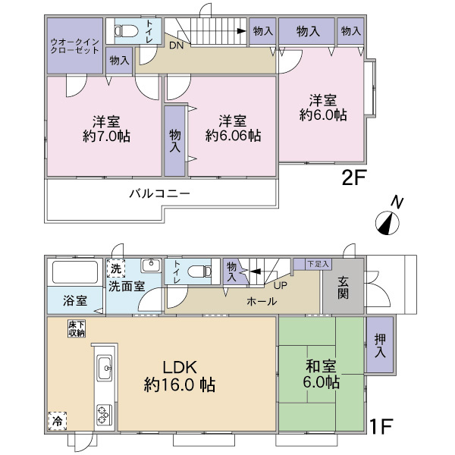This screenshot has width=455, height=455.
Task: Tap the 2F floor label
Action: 354,179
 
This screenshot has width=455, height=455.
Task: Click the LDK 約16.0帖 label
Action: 180,377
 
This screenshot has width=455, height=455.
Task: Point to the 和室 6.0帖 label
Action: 322,374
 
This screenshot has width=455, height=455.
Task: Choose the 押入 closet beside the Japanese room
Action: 379,345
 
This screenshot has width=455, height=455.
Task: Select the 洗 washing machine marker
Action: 115,268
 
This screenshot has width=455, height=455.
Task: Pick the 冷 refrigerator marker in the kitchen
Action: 58,419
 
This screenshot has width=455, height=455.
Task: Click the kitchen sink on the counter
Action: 105,369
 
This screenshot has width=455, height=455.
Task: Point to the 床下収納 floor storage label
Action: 77,328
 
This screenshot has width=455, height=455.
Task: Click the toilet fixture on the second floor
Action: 127,32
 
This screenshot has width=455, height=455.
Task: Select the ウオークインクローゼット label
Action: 74,45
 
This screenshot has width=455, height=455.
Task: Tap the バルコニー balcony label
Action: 158,193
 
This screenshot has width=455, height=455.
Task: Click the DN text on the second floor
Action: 175,45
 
